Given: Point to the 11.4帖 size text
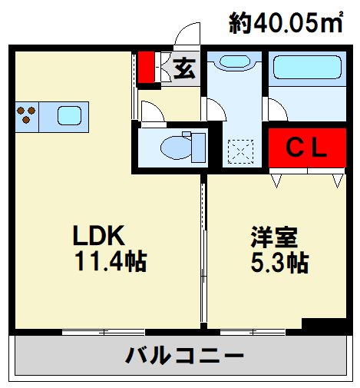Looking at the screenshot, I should [111, 262].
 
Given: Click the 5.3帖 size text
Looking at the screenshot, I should [279, 264].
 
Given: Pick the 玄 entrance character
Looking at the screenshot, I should [183, 69].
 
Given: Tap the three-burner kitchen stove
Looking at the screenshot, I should [27, 115].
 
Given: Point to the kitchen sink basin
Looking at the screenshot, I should [69, 115].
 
